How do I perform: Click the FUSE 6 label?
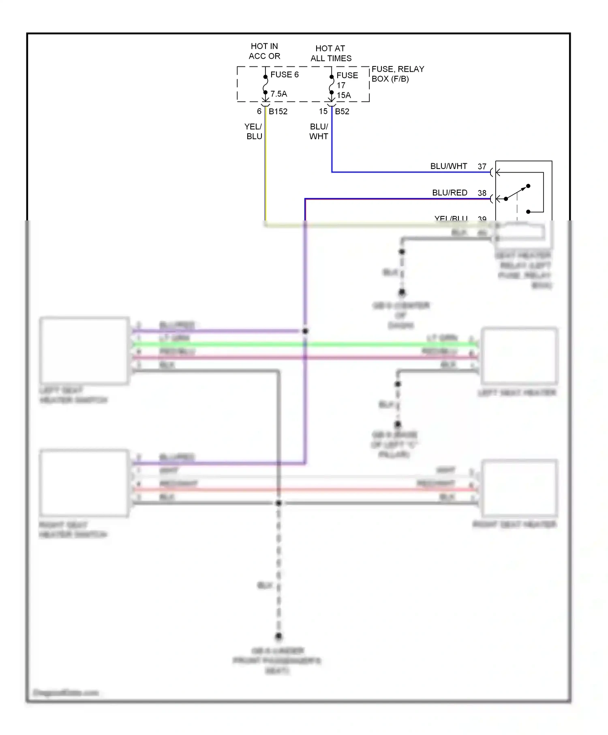pos(284,75)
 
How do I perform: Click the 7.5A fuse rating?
pos(279,94)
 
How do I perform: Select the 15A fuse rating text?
pos(344,96)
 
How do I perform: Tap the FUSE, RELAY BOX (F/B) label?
pos(397,74)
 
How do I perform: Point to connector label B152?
pos(278,111)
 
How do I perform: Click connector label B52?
pos(342,111)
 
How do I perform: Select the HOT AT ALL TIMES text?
pos(331,53)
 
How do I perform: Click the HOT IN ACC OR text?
pos(264,51)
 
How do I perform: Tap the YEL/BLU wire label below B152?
pos(254,132)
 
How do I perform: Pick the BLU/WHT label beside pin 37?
pos(448,166)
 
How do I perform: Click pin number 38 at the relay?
pos(482,193)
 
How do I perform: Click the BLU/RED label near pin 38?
pos(450,193)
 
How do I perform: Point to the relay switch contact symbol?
pos(517,192)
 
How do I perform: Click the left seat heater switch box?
pos(84,351)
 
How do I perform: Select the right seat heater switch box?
pos(84,483)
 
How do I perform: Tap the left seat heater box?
pos(519,356)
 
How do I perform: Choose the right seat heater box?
pos(519,488)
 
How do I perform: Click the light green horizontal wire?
pos(304,344)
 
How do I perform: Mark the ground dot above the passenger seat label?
pos(278,636)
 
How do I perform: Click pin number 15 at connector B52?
pos(323,111)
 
